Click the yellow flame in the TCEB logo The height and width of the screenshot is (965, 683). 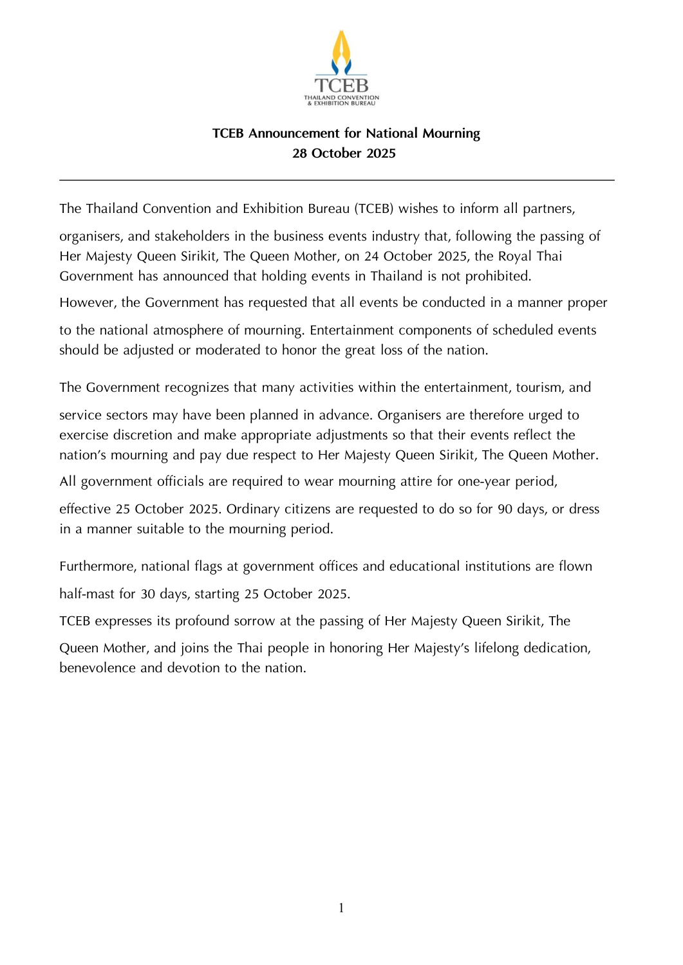click(341, 48)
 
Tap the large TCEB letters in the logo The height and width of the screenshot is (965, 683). click(341, 86)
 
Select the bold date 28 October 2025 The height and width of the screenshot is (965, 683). click(344, 153)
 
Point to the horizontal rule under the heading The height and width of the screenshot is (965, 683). click(337, 180)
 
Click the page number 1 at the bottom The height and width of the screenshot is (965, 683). click(341, 908)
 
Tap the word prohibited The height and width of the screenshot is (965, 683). click(494, 276)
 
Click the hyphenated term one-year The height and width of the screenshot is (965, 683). click(484, 481)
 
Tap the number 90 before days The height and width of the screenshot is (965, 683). click(505, 509)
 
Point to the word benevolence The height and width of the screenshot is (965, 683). click(98, 668)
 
